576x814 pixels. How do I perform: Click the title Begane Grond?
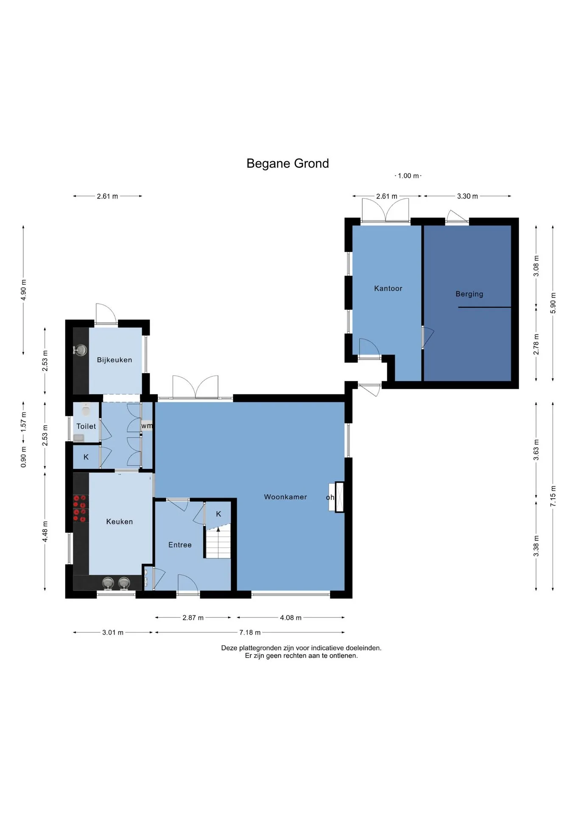(288, 164)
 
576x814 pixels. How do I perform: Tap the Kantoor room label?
(388, 288)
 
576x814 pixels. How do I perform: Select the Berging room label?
(469, 294)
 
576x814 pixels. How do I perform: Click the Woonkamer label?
(285, 497)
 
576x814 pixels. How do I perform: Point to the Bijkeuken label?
(115, 360)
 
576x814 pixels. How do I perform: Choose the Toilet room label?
(86, 427)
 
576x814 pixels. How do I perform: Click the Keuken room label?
(120, 522)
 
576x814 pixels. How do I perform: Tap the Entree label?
(180, 545)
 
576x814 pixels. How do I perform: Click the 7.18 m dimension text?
(250, 633)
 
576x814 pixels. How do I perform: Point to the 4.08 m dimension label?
(291, 618)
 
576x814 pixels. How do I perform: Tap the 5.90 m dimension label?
(553, 303)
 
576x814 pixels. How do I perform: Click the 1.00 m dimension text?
(408, 176)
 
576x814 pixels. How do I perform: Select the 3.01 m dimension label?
(113, 633)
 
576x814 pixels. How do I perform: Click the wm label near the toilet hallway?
(147, 426)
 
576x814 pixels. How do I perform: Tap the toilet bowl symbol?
(86, 410)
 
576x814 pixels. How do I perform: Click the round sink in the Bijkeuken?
(80, 350)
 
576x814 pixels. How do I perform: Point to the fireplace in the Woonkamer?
(339, 497)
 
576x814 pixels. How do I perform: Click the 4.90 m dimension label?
(23, 290)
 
